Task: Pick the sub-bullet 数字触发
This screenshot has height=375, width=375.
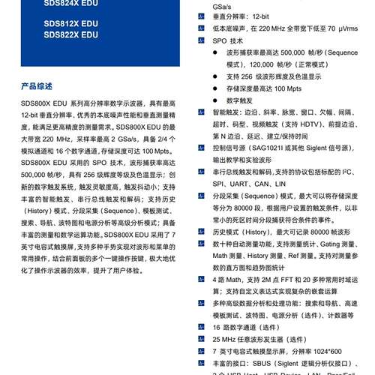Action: [x=240, y=100]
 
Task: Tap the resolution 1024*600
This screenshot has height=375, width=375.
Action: [x=325, y=350]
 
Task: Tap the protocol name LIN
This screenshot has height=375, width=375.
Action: [x=281, y=183]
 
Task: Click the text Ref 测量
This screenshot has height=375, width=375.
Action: [x=313, y=256]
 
